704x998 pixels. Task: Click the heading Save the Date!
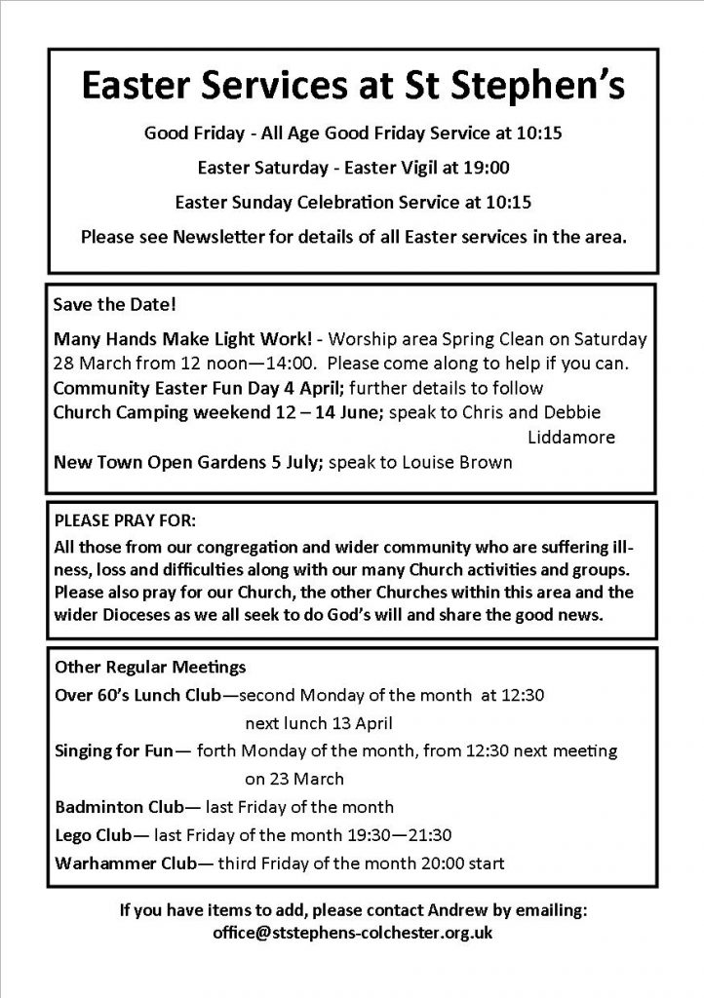pos(102,306)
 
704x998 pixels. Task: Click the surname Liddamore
pos(571,438)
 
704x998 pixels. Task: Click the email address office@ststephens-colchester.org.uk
pos(352,933)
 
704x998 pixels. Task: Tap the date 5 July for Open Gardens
pos(289,462)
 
